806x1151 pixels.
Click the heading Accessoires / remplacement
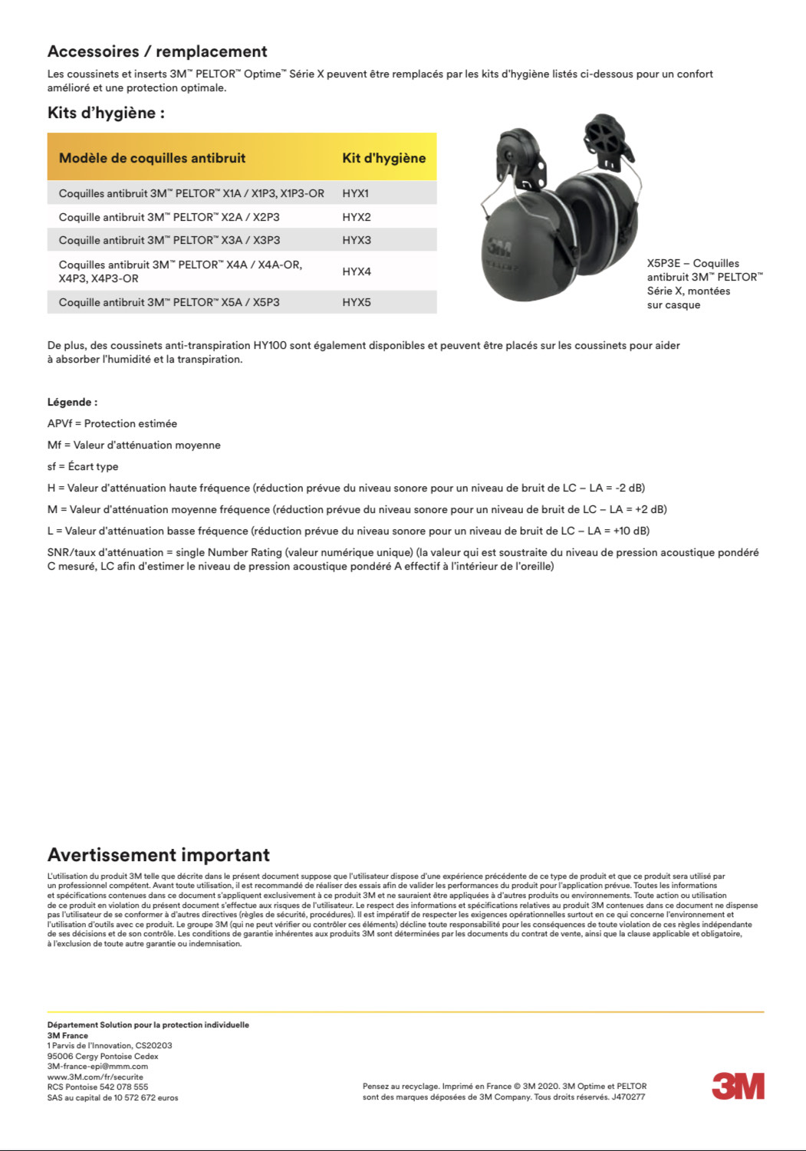pos(157,51)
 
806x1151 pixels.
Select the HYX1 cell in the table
pos(356,193)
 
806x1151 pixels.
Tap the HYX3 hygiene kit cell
pos(356,240)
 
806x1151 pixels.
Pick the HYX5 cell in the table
pos(356,302)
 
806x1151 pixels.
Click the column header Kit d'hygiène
pos(383,158)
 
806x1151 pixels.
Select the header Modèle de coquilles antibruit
pos(152,158)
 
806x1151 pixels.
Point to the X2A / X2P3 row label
pos(169,217)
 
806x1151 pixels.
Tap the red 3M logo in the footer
pos(738,1086)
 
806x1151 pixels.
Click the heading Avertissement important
pos(159,855)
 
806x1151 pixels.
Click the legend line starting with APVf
pos(112,423)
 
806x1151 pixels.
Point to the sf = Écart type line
pos(83,466)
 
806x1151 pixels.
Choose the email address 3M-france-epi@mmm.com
pos(97,1066)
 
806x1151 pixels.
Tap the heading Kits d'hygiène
pos(106,113)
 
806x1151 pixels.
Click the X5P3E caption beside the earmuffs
pos(704,284)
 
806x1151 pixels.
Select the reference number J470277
pos(628,1097)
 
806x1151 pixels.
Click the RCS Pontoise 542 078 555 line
pos(97,1087)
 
